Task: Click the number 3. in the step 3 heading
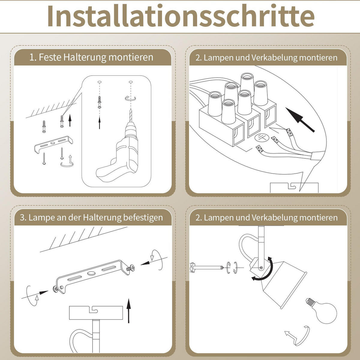point(23,217)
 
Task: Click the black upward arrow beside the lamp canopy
point(129,310)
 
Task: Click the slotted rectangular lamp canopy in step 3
point(96,313)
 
